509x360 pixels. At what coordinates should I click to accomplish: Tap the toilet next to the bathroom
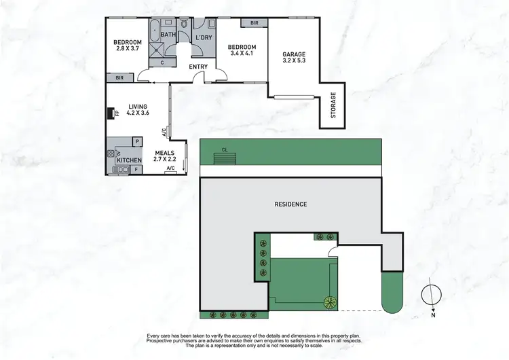click(x=183, y=31)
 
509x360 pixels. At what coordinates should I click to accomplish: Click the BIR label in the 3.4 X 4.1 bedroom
click(x=254, y=23)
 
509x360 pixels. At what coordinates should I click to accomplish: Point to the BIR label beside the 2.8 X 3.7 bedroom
click(x=119, y=79)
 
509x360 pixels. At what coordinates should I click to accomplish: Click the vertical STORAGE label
click(x=333, y=106)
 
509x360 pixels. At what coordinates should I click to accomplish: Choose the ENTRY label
click(x=199, y=66)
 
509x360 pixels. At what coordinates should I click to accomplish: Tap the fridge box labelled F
click(x=136, y=168)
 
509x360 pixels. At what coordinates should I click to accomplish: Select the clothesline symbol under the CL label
click(x=225, y=158)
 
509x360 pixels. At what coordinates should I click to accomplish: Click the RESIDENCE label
click(x=290, y=204)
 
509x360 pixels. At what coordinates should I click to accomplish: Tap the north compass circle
click(x=429, y=295)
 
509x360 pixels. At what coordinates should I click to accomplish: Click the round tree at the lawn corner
click(x=331, y=302)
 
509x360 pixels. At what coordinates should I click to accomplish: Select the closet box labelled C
click(x=162, y=62)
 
